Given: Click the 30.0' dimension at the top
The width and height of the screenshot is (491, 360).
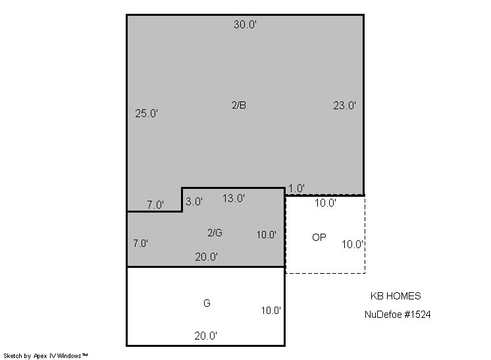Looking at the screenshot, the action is point(245,24).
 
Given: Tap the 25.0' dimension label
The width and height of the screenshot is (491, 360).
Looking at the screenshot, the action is point(146,113).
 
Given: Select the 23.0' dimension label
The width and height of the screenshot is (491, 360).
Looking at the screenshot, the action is point(344,105).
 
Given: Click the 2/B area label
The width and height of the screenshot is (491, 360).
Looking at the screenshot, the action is point(239,105).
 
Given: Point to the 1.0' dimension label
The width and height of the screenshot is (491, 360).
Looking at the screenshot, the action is point(296,188).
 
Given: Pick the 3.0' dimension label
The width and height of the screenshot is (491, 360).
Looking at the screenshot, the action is point(194,201).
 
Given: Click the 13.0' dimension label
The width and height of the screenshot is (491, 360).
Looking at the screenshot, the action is point(234,198).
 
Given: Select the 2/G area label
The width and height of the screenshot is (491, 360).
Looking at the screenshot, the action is point(215,232).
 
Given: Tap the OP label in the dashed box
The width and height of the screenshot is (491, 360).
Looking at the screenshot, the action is point(319,238).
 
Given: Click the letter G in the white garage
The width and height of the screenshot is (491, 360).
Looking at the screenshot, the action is point(207,303).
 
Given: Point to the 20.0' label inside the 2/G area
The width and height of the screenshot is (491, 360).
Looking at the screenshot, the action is point(207,257).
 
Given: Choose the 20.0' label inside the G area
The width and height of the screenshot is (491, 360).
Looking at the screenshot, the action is point(206,336).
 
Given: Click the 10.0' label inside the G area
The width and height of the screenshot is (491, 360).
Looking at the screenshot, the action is point(271,311).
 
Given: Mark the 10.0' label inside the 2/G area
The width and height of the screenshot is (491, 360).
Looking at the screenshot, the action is point(266,235).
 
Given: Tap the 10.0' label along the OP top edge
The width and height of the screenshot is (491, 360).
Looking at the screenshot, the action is point(325,203).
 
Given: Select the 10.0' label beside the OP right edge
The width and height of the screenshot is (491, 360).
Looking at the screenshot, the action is point(353,244).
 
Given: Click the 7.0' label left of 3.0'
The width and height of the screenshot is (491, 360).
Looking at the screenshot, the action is point(155,205).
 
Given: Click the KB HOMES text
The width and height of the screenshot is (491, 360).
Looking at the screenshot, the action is point(396,296).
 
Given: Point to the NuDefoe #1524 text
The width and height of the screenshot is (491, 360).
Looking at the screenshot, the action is point(398,315).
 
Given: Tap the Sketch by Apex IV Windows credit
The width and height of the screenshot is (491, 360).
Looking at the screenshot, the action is point(45,356).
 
